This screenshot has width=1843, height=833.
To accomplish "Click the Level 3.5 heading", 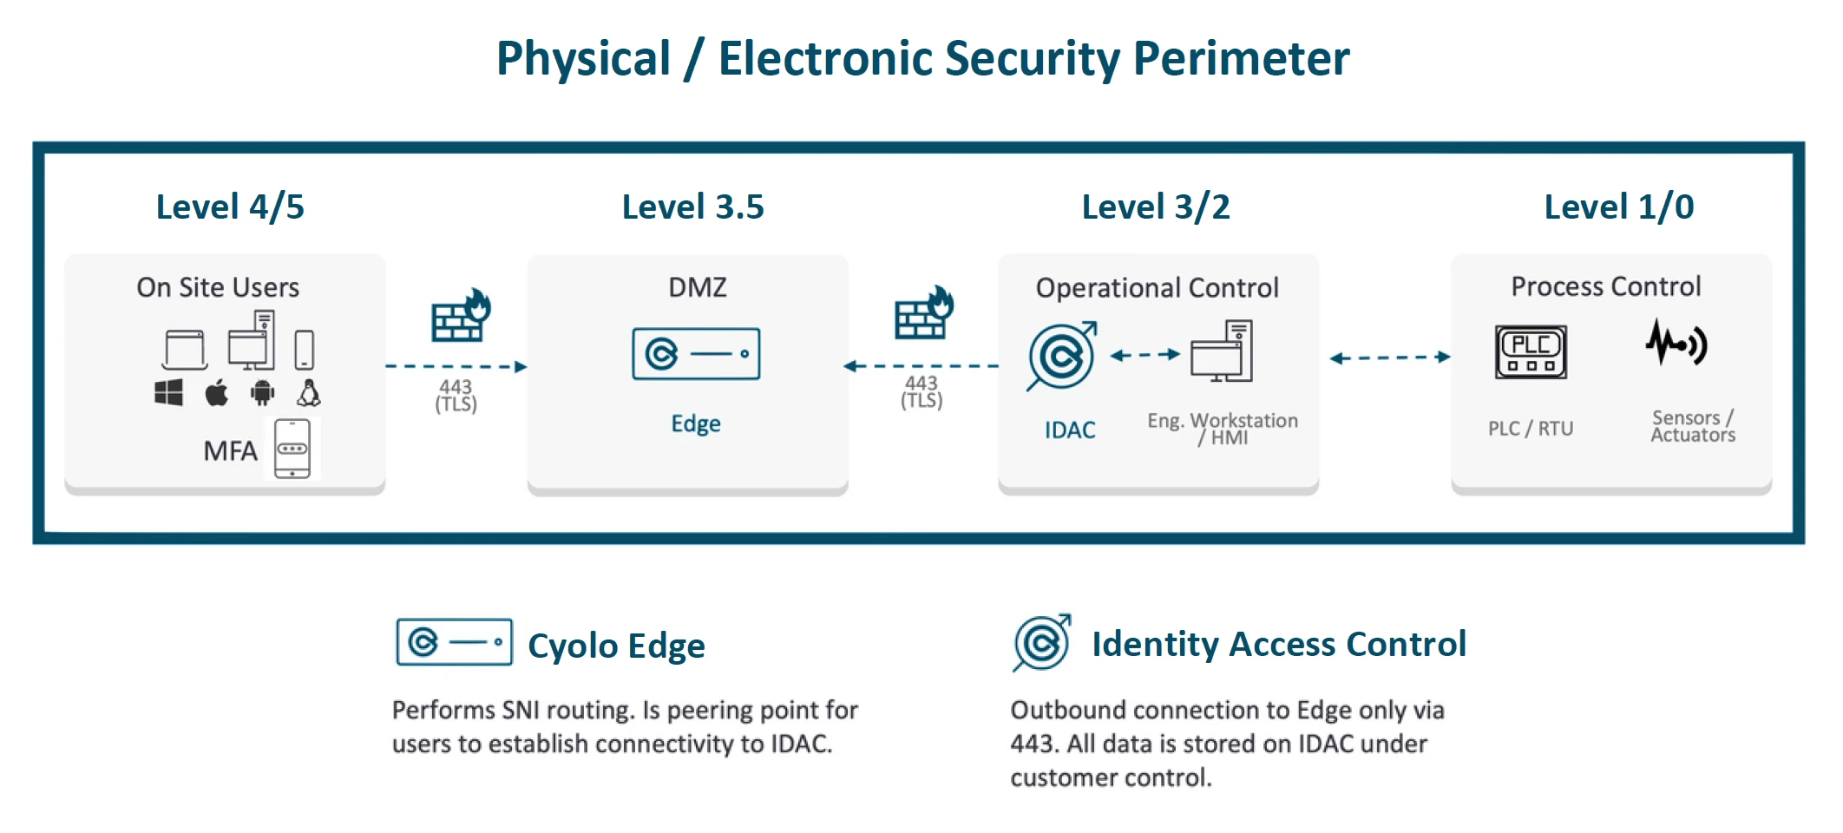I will pos(692,207).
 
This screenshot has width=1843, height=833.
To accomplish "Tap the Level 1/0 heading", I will pos(1618,207).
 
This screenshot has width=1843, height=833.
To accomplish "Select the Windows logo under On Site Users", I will pos(168,393).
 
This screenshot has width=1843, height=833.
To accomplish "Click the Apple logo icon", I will pos(216,393).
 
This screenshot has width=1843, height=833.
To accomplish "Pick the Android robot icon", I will pos(262,393).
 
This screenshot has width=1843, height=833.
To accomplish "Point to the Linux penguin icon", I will pos(309,393).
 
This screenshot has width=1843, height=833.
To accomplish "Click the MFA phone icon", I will pos(292,449).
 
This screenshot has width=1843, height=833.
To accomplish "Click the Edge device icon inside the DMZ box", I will pos(696,354).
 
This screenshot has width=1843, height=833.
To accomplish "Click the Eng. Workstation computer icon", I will pos(1222,351).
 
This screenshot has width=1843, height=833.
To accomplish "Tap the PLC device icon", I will pos(1531,351).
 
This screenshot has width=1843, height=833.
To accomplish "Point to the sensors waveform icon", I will pos(1676,344).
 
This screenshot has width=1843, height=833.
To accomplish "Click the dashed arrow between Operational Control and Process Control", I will pos(1389,357).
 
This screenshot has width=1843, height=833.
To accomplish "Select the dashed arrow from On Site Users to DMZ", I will pos(456,367).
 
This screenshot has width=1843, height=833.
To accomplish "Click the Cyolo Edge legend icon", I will pos(454,642).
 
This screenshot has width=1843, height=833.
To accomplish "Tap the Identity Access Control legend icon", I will pos(1041,643).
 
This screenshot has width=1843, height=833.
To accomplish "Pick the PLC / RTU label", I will pos(1531,429).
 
